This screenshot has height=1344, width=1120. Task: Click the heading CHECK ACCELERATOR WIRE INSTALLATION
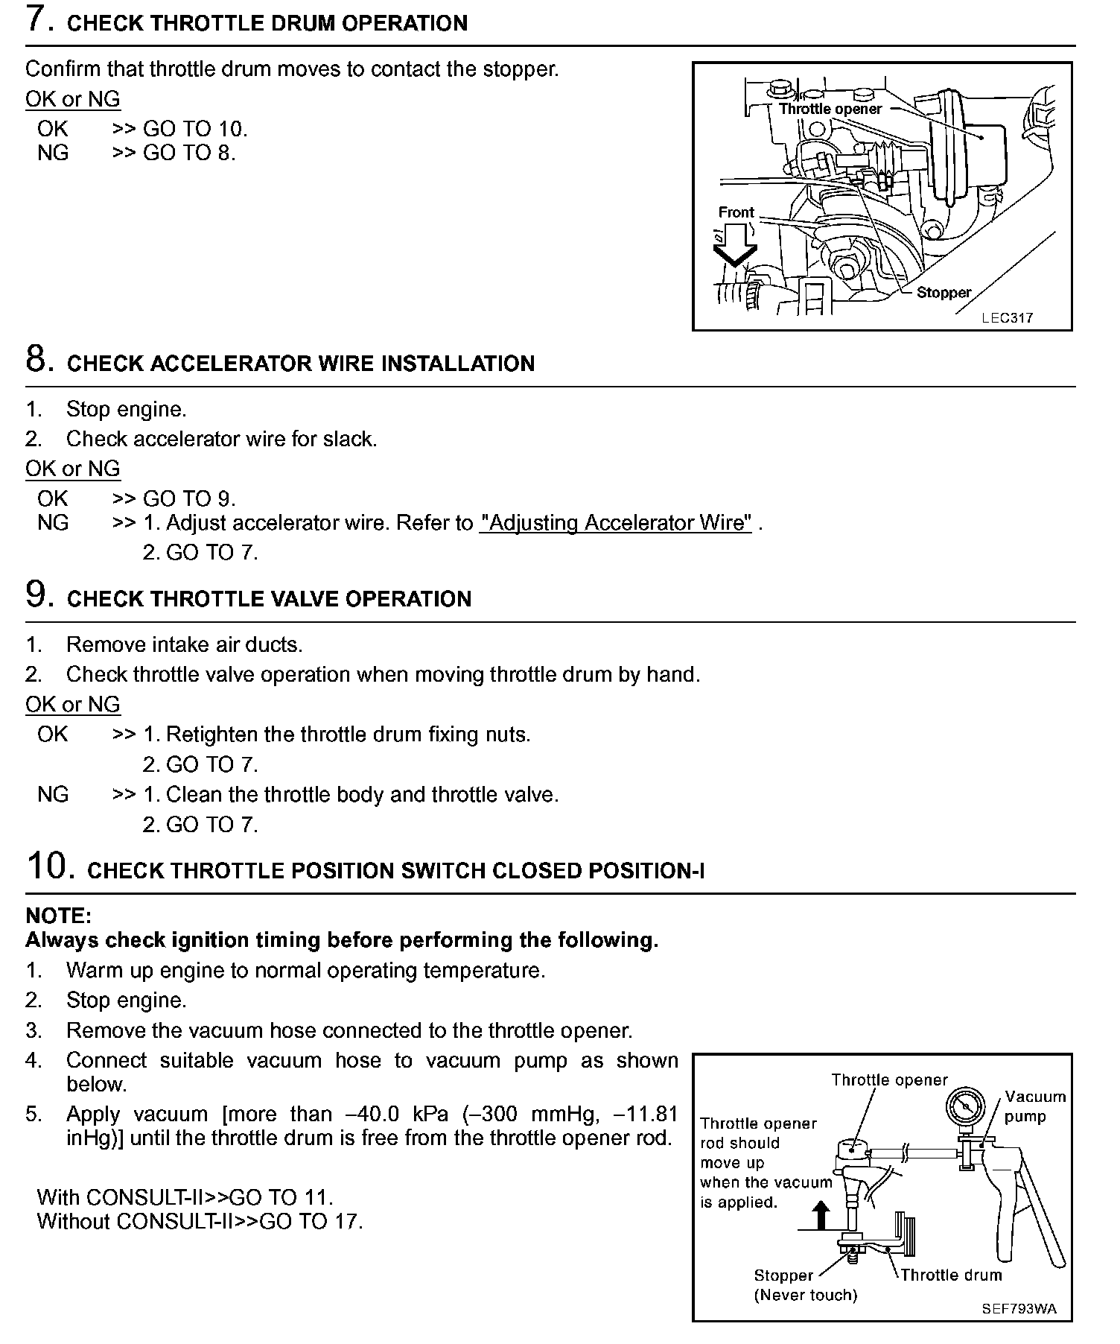301,364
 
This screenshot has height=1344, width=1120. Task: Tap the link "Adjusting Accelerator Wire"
616,523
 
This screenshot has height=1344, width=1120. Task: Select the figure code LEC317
1007,318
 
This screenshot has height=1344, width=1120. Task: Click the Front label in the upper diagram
736,212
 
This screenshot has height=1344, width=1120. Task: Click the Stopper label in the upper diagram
944,293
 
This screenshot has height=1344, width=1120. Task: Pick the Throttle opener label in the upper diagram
830,109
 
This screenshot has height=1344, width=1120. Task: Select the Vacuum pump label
1034,1106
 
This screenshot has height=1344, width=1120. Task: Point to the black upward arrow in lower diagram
821,1215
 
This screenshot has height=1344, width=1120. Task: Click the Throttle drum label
951,1275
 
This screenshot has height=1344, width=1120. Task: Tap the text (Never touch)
805,1295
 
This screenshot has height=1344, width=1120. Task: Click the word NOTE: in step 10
58,916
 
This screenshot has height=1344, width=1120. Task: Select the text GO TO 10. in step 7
195,129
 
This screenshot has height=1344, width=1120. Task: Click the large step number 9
39,595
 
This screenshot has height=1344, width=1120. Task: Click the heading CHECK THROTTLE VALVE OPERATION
269,599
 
